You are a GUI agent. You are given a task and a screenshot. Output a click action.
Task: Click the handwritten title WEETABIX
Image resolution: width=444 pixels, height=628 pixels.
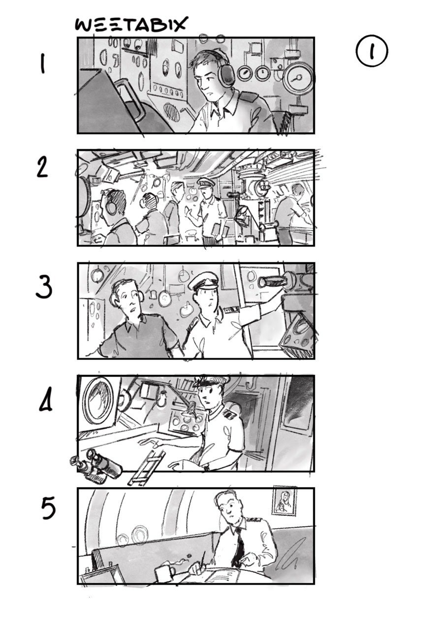tap(131, 24)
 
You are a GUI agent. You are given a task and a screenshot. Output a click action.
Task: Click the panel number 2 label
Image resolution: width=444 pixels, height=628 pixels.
tap(42, 168)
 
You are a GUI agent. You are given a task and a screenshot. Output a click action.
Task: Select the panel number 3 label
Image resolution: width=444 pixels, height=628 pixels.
tap(44, 286)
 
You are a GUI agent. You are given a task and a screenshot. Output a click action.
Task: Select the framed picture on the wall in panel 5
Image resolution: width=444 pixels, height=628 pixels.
tap(284, 501)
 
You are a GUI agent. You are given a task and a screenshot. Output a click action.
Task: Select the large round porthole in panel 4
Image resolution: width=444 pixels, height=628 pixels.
tap(99, 401)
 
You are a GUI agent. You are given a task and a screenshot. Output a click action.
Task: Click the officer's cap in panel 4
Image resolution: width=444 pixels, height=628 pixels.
tap(212, 382)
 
